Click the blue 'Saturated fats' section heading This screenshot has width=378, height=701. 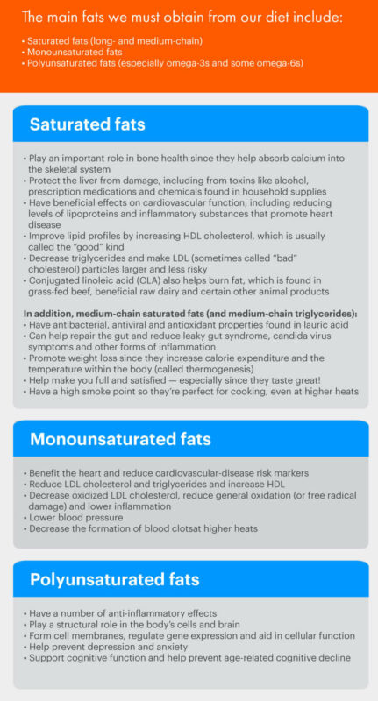88,124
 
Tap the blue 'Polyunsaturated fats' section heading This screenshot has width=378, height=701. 114,579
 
